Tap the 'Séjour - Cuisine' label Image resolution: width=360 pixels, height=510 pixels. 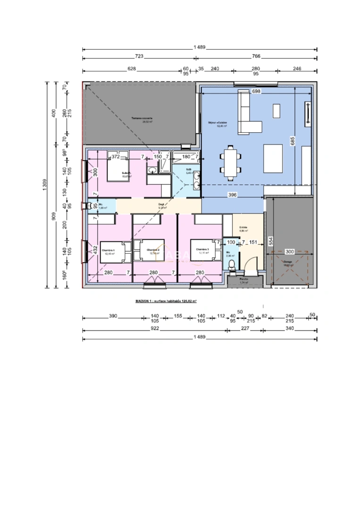click(218, 122)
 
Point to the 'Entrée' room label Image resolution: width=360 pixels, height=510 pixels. click(243, 227)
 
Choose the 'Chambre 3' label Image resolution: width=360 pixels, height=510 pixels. click(202, 249)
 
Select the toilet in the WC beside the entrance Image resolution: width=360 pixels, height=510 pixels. click(232, 265)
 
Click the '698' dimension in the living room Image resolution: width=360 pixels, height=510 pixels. click(256, 91)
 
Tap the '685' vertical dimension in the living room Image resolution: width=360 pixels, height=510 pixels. click(293, 140)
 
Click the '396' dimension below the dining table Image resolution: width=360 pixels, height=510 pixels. click(232, 195)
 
